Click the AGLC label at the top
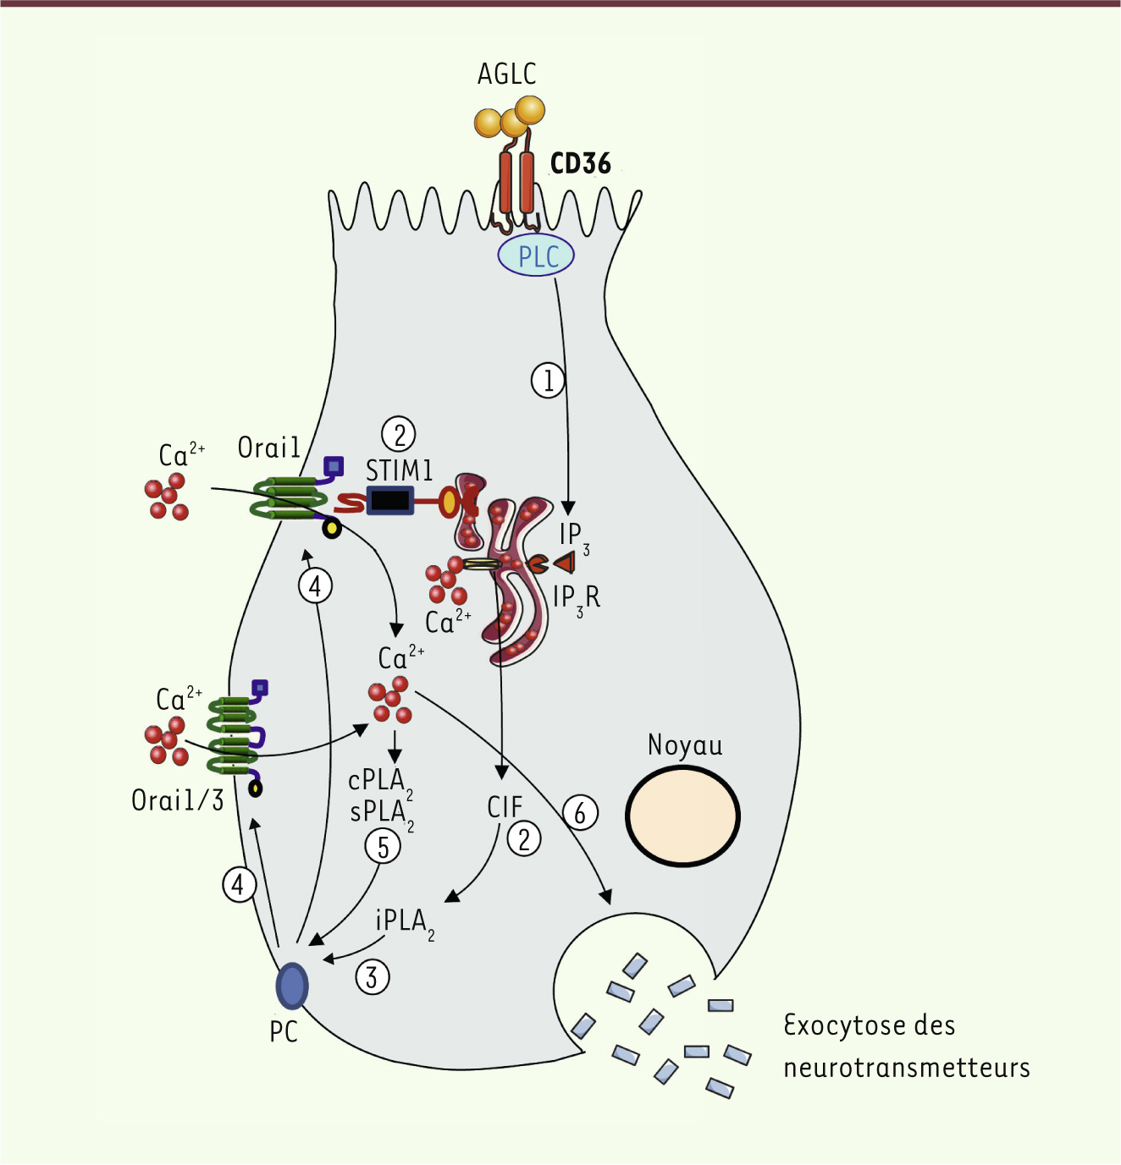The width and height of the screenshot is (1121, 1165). pos(506,74)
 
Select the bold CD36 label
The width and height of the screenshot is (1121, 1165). pos(580,163)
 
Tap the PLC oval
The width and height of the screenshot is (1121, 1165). pos(536,256)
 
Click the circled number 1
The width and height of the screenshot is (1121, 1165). pos(548,380)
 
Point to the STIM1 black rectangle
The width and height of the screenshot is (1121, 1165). pos(390,500)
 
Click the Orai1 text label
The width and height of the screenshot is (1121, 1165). pos(268,448)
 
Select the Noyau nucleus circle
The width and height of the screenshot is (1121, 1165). pos(683,816)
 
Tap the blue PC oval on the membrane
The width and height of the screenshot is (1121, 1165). pos(292,986)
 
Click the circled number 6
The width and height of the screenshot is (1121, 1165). pos(580,813)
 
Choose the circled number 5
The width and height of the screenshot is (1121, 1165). pos(383,847)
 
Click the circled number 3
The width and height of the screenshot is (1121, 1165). pos(373,978)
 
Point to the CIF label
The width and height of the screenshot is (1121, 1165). pos(505,808)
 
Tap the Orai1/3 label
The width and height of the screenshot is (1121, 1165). pos(177,800)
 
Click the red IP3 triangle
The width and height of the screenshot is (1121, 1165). pos(565,562)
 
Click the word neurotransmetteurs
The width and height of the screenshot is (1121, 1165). pos(907,1068)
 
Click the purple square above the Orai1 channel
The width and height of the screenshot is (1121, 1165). pos(334,465)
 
